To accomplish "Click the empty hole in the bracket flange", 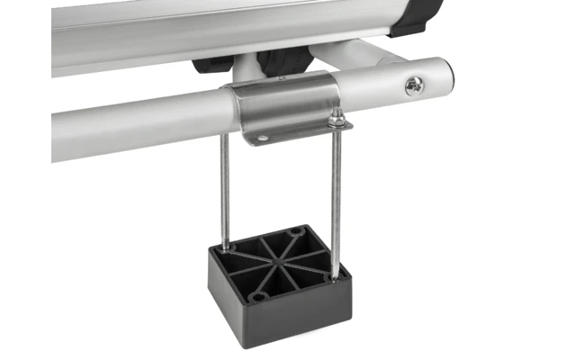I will [x=262, y=138].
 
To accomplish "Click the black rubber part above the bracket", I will [x=279, y=61].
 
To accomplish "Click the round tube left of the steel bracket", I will [x=135, y=126].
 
